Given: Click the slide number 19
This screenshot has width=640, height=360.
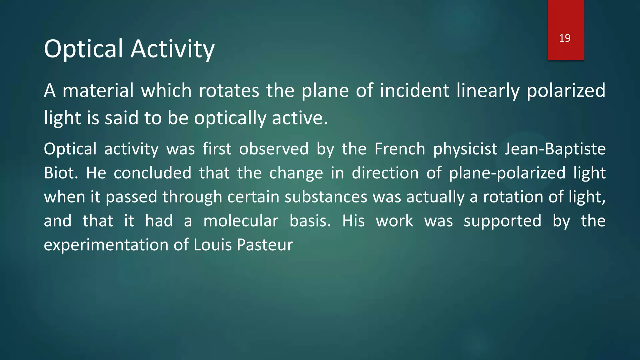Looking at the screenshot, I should click(565, 38).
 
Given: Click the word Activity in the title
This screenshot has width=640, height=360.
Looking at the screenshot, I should click(172, 49).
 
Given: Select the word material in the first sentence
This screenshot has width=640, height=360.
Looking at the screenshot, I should click(98, 91).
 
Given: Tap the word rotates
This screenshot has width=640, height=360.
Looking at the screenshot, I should click(229, 91).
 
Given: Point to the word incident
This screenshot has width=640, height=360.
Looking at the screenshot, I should click(414, 91).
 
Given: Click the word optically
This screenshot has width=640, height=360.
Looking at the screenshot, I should click(230, 118).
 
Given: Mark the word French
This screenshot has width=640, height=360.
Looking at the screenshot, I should click(400, 149).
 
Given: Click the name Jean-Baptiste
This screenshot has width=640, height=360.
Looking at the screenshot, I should click(555, 149).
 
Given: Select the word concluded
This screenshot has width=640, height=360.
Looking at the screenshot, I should click(152, 173).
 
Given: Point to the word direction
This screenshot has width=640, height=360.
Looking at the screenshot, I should click(385, 173).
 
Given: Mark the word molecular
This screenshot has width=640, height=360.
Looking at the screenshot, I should click(241, 221).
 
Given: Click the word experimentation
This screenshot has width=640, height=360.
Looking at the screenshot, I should click(106, 245).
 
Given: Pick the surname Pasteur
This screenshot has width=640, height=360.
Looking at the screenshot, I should click(265, 245).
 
